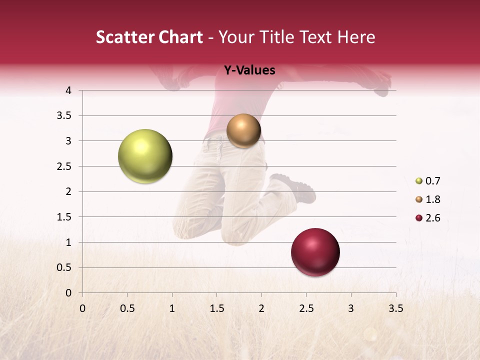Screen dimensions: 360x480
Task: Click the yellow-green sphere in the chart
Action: click(x=145, y=156)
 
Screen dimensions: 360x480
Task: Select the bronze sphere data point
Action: click(x=243, y=130)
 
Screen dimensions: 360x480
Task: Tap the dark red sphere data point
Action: click(x=315, y=252)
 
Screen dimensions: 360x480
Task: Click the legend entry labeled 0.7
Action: click(x=432, y=181)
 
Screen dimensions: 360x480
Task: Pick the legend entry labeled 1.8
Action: click(x=432, y=199)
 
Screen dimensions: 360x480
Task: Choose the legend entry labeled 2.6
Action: click(x=432, y=218)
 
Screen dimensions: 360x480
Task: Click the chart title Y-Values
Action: click(x=249, y=70)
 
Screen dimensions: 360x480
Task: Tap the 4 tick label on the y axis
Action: click(x=68, y=90)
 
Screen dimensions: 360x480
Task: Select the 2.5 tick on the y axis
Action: click(x=64, y=166)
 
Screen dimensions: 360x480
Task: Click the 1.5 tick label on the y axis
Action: click(x=64, y=217)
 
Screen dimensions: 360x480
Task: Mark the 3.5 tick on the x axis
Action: click(x=395, y=308)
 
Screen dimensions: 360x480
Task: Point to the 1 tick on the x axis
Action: click(x=172, y=308)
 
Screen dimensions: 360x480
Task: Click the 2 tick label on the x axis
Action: click(x=261, y=308)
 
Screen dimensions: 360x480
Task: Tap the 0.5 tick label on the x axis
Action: click(x=127, y=308)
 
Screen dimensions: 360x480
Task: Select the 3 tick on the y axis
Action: click(x=68, y=141)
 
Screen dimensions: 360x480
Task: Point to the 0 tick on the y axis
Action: click(x=68, y=292)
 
